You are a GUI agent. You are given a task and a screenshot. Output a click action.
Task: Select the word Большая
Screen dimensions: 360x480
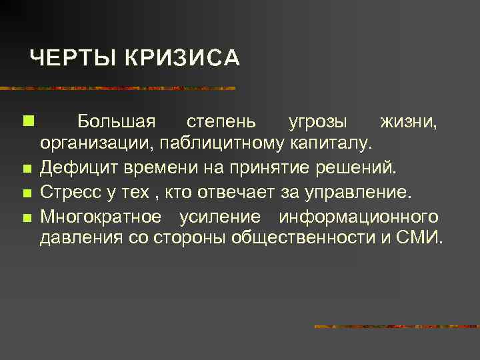tap(117, 122)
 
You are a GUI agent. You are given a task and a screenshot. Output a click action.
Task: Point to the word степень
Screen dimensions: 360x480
tap(221, 122)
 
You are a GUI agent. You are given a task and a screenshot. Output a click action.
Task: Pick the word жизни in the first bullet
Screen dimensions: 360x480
tap(409, 122)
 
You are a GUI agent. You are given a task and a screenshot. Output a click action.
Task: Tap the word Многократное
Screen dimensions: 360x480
tap(100, 217)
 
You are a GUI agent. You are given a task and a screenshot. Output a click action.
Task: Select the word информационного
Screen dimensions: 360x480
tap(359, 217)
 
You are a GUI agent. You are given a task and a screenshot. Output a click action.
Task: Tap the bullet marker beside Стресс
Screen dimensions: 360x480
tap(26, 193)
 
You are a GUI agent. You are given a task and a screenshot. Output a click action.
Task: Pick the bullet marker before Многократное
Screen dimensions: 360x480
tap(26, 217)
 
